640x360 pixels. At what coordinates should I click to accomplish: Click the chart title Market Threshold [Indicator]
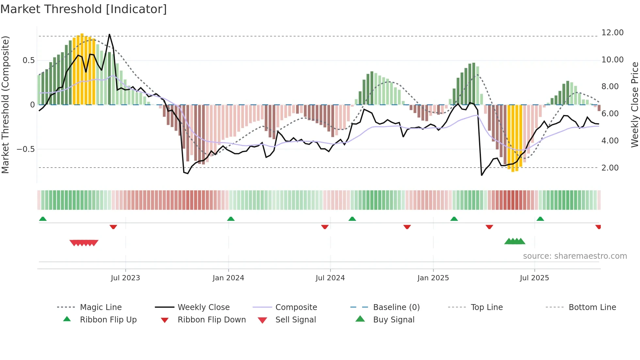click(x=84, y=9)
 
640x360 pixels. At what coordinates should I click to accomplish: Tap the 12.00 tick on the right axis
click(x=612, y=33)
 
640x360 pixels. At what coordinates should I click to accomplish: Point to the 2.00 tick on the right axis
click(x=610, y=168)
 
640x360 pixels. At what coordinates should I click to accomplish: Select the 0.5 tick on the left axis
click(x=28, y=60)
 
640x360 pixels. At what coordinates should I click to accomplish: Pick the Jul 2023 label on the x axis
click(x=125, y=278)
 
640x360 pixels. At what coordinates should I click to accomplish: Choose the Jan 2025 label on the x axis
click(x=433, y=278)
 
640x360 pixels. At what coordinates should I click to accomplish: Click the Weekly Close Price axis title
click(x=634, y=105)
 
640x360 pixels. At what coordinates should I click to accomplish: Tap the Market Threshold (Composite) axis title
click(x=5, y=105)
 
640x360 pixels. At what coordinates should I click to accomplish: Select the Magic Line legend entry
click(x=101, y=307)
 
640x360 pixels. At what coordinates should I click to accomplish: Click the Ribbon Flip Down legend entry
click(x=212, y=320)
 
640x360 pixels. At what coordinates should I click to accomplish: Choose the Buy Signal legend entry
click(x=393, y=320)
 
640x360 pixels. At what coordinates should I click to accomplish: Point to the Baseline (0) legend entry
click(x=396, y=307)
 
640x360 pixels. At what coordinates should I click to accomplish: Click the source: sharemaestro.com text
click(x=575, y=256)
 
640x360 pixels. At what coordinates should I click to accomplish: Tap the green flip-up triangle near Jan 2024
click(x=231, y=219)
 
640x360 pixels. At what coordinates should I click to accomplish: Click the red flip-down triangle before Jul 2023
click(x=113, y=227)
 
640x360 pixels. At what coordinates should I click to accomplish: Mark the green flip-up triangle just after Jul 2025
click(x=540, y=219)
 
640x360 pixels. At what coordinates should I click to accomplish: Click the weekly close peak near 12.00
click(x=109, y=34)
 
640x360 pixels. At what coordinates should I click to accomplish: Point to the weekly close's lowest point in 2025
click(x=482, y=175)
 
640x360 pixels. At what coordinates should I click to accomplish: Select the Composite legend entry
click(x=296, y=307)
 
